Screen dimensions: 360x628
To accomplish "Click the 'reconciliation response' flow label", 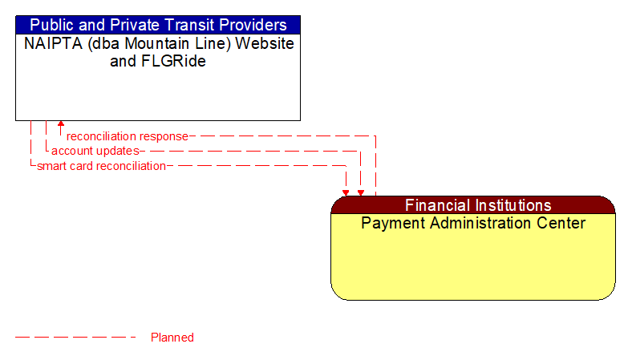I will (x=127, y=136).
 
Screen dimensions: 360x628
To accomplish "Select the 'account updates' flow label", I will (x=95, y=151).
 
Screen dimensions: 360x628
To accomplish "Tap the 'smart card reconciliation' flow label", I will (x=101, y=166).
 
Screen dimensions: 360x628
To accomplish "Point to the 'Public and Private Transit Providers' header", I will (x=158, y=25).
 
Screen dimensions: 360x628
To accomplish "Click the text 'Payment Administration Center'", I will (x=473, y=223).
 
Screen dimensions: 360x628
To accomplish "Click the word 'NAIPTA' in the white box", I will (x=50, y=43).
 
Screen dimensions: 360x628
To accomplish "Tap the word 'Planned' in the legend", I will (x=172, y=338).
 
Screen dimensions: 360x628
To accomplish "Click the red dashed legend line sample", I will (x=76, y=338).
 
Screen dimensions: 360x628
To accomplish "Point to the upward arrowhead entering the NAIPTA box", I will (x=61, y=125).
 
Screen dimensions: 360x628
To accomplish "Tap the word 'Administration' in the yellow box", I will (x=473, y=223).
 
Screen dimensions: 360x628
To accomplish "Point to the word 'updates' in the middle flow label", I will (x=118, y=151).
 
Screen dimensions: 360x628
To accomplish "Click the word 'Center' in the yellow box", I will (x=561, y=223).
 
